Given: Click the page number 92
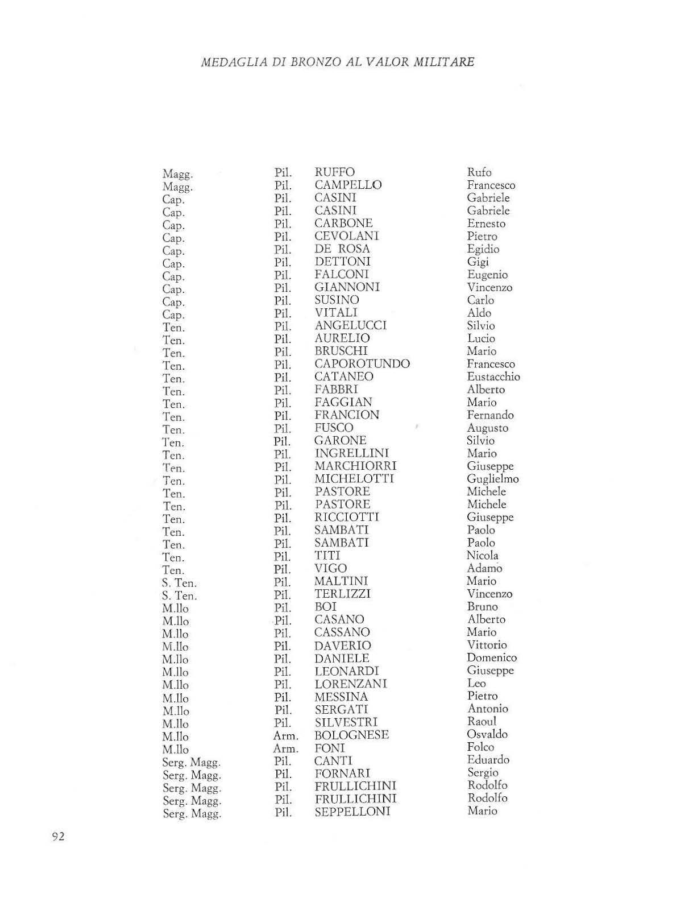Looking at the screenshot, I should coord(58,837).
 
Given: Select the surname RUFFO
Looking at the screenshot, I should coord(334,172).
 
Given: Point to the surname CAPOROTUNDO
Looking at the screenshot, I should coord(362,364).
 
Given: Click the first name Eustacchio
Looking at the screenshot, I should coord(493,377).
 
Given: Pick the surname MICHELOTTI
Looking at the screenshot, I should coord(354,479).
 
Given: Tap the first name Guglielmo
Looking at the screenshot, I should coord(492,479).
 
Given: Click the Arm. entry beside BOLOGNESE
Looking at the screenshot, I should coord(285,736).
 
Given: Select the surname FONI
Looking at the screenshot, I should coord(330,748).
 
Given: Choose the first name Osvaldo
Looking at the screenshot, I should coord(487,734).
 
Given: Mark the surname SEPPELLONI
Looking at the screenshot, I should coord(352,812).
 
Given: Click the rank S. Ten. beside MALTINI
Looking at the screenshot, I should coord(179,584).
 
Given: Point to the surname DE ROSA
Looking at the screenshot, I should coord(342,249).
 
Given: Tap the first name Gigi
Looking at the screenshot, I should coord(478,262).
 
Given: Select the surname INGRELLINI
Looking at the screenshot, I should coord(352,453).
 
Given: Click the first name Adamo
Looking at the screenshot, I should coord(484,569).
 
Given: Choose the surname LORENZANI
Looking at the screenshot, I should coord(350,684).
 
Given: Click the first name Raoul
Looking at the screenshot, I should coord(482,722).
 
